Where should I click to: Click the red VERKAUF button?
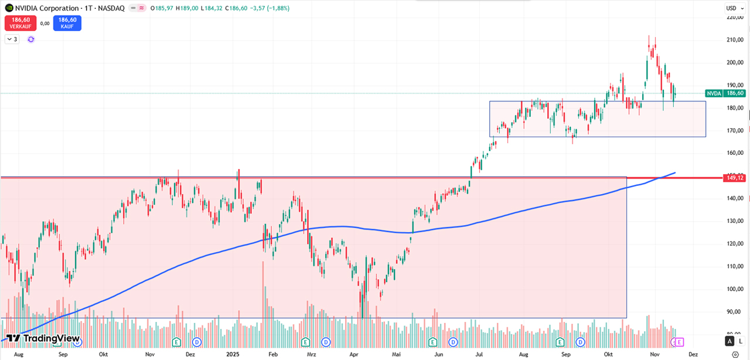tap(21, 23)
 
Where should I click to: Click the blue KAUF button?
tap(67, 23)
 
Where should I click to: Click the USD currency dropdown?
tap(732, 8)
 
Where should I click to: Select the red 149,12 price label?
tap(735, 178)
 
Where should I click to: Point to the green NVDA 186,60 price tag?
tap(725, 93)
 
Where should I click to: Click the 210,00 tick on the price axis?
tap(735, 40)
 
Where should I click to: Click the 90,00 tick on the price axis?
tap(735, 312)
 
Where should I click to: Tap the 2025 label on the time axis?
tap(233, 355)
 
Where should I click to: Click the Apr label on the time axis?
tap(354, 355)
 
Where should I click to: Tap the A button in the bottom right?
tap(729, 341)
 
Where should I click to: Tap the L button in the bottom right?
tap(741, 341)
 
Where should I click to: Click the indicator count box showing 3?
tap(12, 39)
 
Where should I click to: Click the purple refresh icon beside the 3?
tap(31, 39)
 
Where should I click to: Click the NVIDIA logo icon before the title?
tap(9, 8)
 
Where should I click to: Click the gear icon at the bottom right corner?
tap(735, 355)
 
